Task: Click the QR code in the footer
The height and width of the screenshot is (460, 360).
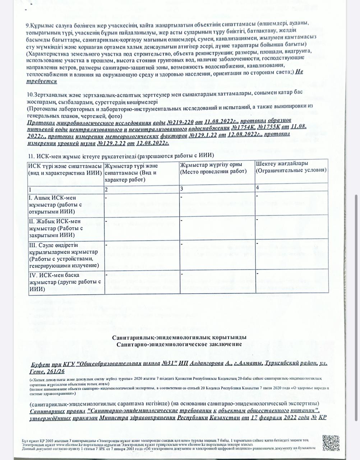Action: click(331, 443)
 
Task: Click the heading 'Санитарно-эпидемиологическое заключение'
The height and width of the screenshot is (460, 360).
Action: click(179, 344)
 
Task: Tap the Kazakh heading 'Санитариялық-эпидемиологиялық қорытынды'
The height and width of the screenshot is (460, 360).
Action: click(179, 338)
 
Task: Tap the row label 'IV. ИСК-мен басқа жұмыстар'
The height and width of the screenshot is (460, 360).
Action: click(65, 282)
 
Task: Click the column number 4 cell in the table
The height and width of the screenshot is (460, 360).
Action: click(258, 188)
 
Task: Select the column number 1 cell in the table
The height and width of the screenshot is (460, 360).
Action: click(31, 189)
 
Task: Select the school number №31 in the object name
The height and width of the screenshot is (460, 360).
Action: click(168, 363)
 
